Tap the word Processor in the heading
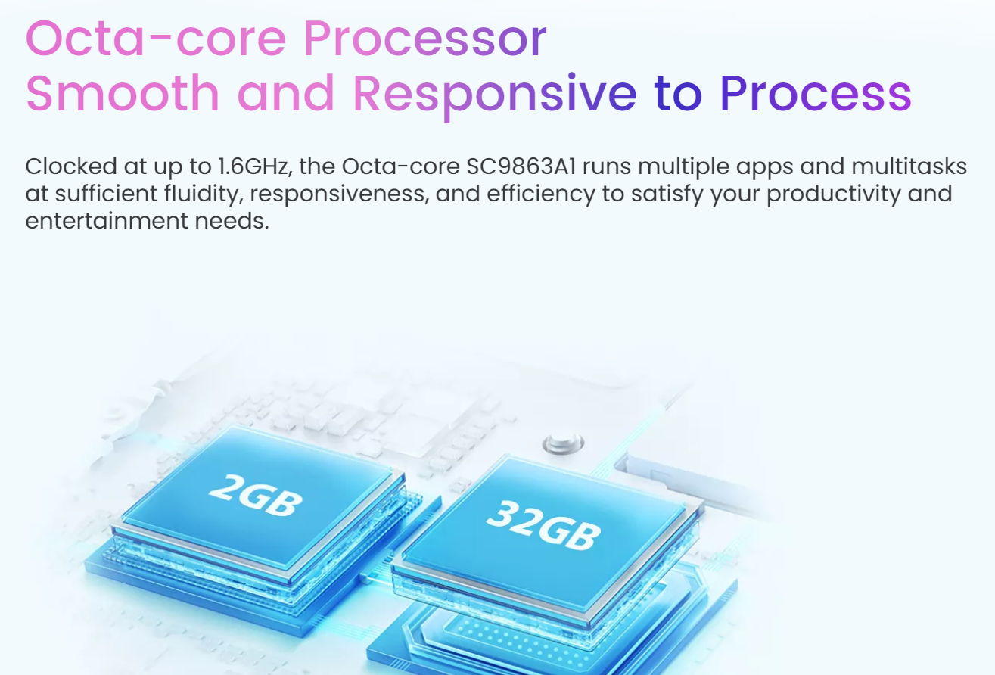pyautogui.click(x=425, y=39)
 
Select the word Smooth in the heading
pyautogui.click(x=123, y=93)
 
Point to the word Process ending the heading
pyautogui.click(x=816, y=93)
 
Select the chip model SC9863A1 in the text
pyautogui.click(x=521, y=166)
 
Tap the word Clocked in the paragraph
pyautogui.click(x=71, y=166)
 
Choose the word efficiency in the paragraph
pyautogui.click(x=540, y=194)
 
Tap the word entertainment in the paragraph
pyautogui.click(x=107, y=221)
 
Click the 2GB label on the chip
pyautogui.click(x=256, y=495)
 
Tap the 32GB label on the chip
pyautogui.click(x=543, y=525)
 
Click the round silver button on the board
pyautogui.click(x=563, y=443)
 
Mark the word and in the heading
pyautogui.click(x=285, y=93)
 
